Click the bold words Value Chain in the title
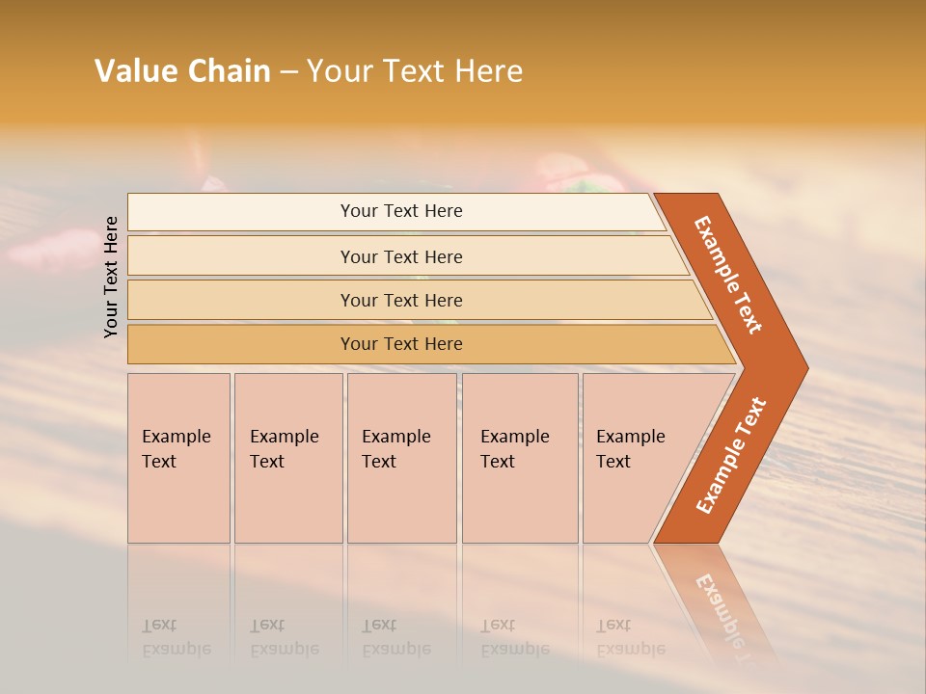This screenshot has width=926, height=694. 182,71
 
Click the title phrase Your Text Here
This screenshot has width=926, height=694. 415,71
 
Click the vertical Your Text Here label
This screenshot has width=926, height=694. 111,277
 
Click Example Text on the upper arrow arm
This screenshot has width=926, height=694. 728,275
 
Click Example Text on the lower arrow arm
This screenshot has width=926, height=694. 731,455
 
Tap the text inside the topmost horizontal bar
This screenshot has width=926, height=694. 401,211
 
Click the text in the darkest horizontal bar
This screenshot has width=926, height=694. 401,344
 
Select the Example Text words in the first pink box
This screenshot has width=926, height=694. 176,448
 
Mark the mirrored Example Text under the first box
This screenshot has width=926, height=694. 176,637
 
